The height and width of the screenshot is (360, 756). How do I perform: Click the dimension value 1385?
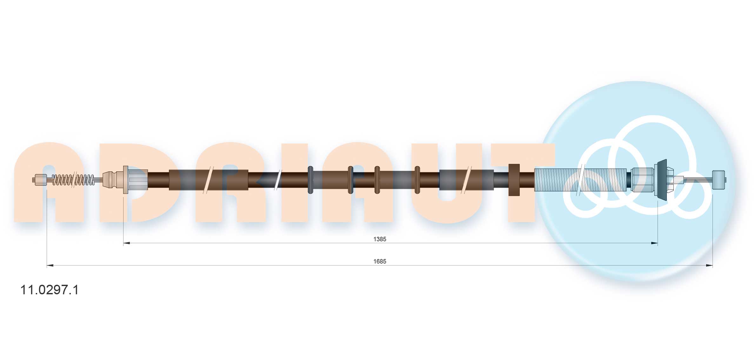(379, 239)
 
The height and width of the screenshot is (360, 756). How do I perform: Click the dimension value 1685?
(379, 261)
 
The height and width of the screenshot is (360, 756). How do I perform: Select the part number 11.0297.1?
(49, 290)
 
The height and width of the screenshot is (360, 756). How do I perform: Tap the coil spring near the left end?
(73, 180)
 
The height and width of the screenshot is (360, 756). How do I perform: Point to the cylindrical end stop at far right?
(718, 180)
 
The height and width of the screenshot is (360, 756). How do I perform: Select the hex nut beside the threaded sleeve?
(642, 180)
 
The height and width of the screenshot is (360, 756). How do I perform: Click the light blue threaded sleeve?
(580, 180)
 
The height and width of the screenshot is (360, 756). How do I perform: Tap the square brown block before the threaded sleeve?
(514, 180)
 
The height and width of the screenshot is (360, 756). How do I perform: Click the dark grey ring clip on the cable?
(310, 180)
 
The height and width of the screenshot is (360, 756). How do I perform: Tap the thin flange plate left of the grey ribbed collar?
(125, 180)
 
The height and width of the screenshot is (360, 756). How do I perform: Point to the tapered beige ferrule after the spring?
(110, 180)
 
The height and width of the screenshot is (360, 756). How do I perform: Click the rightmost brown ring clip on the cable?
(417, 180)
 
